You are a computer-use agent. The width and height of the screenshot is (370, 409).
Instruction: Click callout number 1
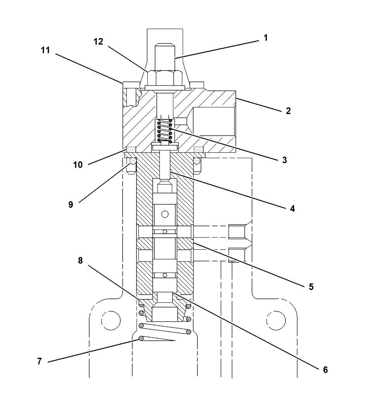tap(266, 38)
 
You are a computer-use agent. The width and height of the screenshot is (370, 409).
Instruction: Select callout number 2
tap(288, 111)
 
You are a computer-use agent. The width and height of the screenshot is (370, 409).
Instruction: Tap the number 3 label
tap(284, 160)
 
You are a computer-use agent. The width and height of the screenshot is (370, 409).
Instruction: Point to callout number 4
tap(292, 209)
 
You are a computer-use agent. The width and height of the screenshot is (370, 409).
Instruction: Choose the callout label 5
tap(311, 287)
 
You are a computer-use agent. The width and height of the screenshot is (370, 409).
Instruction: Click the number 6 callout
tap(325, 370)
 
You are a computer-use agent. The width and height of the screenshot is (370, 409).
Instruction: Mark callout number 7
tap(39, 361)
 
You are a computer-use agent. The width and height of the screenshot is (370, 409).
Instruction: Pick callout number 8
tap(80, 261)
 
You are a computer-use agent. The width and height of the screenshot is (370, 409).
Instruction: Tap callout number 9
tap(70, 205)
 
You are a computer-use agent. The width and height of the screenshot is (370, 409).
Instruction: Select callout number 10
tap(78, 164)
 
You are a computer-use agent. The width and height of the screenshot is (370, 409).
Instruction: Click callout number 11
tap(45, 50)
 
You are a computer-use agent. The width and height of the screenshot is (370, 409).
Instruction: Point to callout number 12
tap(99, 41)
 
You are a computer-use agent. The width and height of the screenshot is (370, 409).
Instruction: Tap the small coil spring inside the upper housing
tap(165, 131)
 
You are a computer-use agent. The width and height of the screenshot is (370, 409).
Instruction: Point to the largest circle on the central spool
tap(165, 214)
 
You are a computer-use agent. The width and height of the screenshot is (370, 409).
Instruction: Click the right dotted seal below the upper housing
tap(199, 149)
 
